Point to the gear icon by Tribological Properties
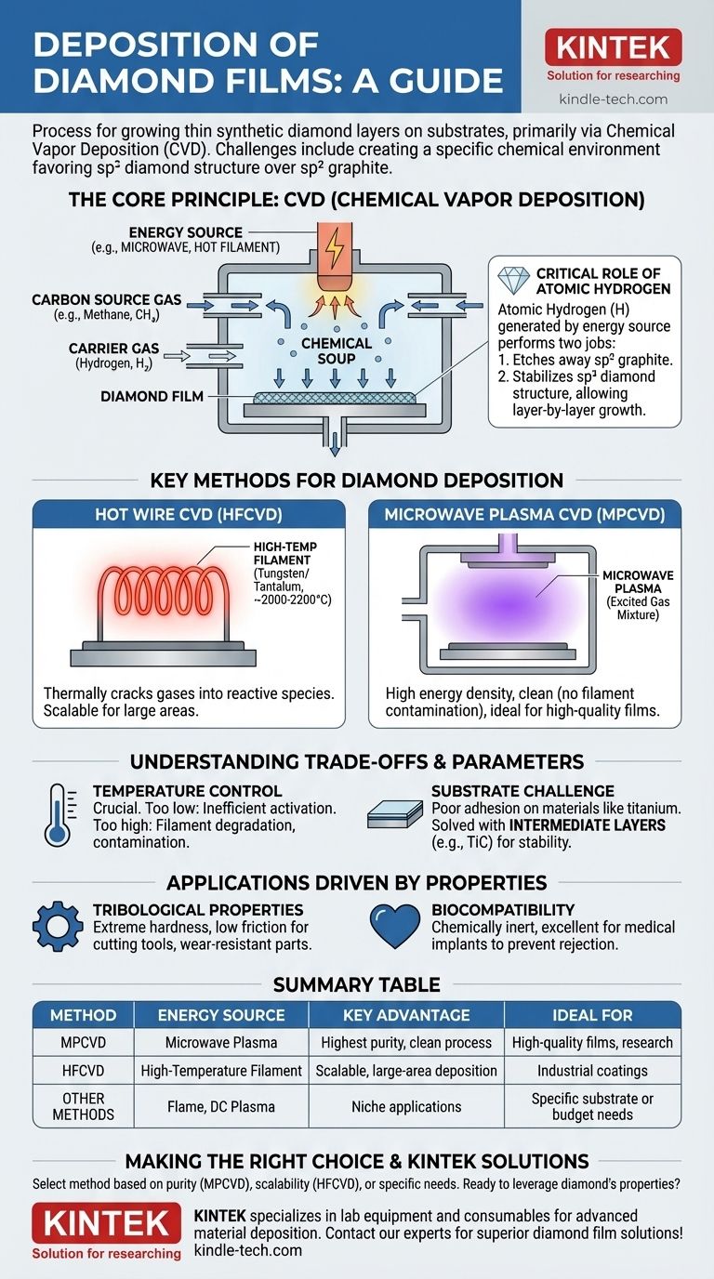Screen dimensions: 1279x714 click(58, 931)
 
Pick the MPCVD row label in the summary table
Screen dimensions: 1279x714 click(84, 1042)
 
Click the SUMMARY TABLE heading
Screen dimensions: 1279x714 click(357, 984)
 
